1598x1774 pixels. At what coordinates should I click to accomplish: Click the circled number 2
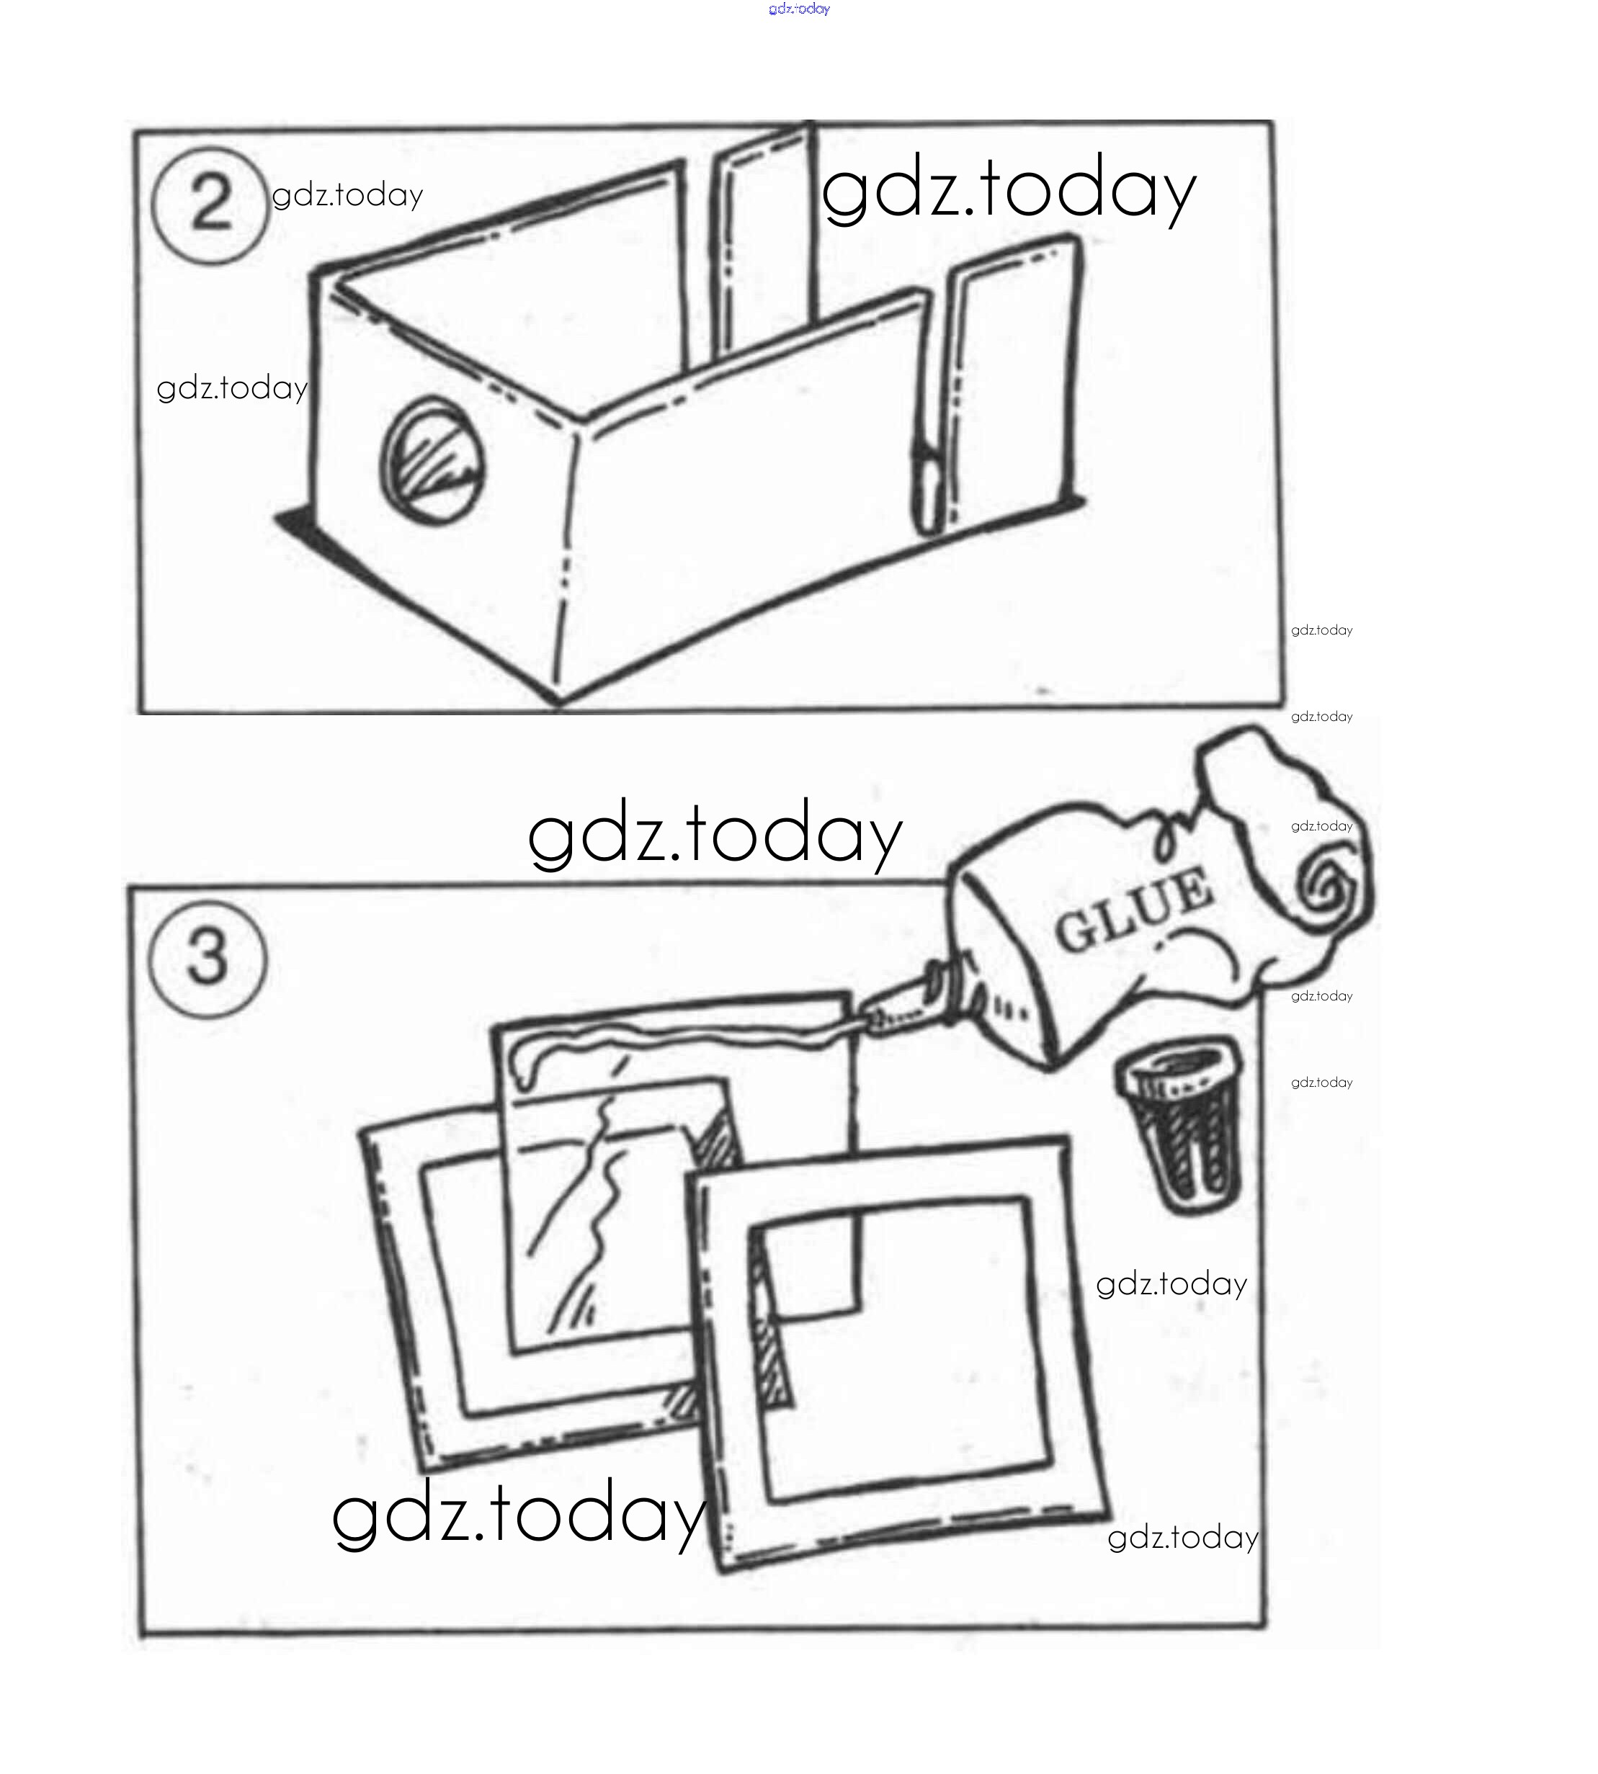[209, 207]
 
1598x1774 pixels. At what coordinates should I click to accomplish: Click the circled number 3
[207, 959]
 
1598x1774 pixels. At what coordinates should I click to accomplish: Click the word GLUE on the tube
[1133, 912]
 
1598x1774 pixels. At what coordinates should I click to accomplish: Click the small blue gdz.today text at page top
[799, 9]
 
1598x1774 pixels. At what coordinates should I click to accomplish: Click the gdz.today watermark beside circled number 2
[348, 196]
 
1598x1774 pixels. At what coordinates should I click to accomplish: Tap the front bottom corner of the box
[558, 702]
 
